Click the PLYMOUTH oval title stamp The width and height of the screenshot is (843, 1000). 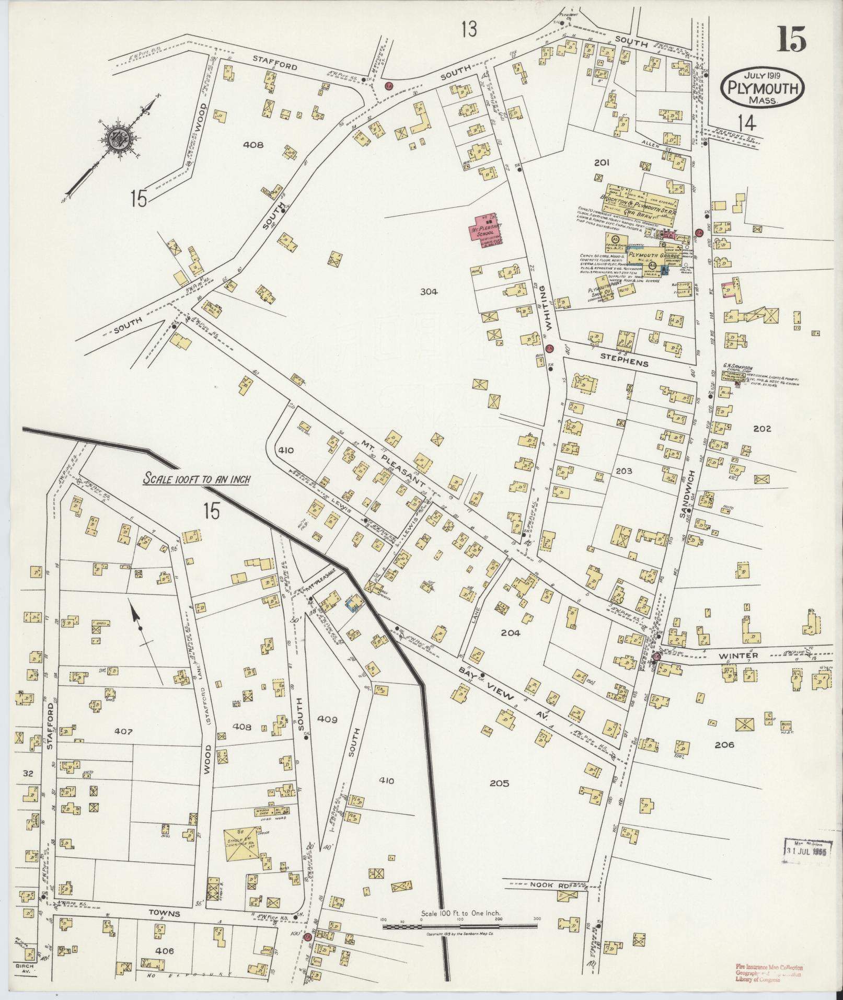pos(762,88)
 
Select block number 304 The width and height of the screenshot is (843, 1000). pos(428,292)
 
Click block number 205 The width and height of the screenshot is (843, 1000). pos(499,783)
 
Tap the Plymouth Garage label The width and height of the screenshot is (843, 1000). pos(654,256)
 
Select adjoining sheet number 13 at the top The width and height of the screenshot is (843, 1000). pos(469,30)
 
